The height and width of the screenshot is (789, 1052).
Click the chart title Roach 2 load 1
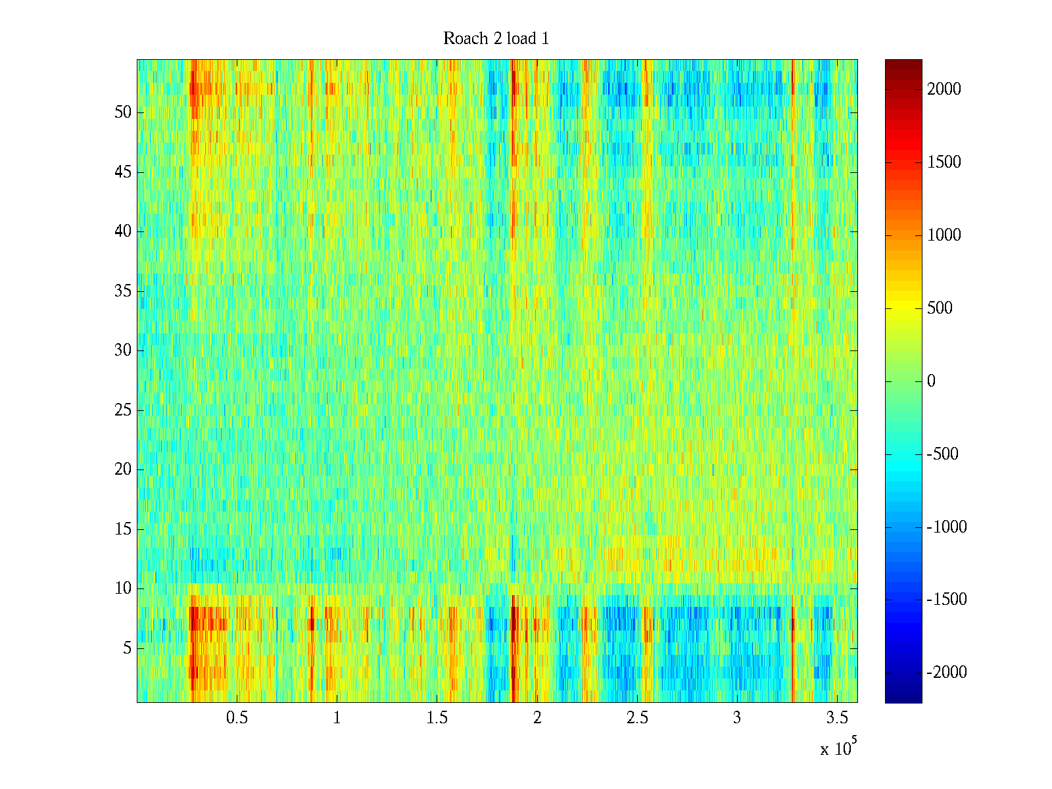496,39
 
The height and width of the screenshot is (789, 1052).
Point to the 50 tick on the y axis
123,112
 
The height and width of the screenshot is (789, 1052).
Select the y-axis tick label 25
123,410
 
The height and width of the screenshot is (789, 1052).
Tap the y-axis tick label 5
127,648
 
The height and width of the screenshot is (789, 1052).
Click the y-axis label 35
123,291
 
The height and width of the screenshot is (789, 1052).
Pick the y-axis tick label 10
123,588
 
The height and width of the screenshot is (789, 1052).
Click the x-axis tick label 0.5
237,718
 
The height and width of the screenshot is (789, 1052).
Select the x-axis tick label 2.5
637,718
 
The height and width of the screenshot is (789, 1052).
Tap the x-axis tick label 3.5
837,718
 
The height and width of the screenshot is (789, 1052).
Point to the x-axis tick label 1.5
437,718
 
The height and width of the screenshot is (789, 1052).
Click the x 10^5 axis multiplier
838,748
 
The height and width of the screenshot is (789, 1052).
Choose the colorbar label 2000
944,89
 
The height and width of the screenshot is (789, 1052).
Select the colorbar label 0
931,381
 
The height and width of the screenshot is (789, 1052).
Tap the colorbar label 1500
944,162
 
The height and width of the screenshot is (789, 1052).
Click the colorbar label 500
940,308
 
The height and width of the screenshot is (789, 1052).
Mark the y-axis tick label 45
123,172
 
